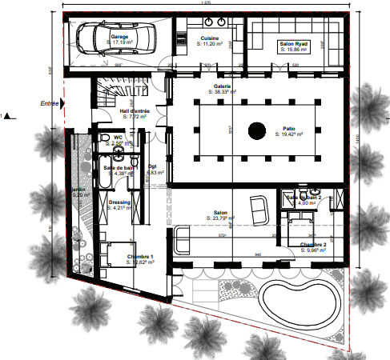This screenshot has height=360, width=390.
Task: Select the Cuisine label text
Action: tap(210, 38)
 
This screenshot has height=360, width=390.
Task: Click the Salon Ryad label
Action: tap(295, 44)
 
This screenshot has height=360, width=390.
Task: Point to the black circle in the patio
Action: tap(256, 130)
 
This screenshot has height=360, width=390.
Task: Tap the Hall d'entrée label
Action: tap(135, 111)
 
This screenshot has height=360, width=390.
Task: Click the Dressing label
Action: tap(119, 202)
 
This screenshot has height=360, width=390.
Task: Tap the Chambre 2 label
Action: tap(313, 244)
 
